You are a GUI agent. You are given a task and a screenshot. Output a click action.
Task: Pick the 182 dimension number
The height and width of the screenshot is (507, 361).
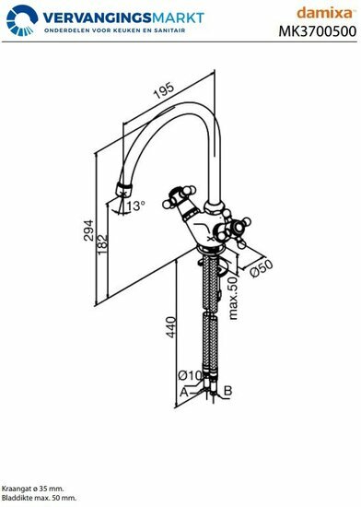click(104, 242)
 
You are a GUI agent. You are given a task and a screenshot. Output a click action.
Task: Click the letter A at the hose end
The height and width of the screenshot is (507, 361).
click(184, 392)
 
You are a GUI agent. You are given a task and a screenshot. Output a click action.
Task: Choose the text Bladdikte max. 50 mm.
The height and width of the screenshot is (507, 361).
click(39, 497)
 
